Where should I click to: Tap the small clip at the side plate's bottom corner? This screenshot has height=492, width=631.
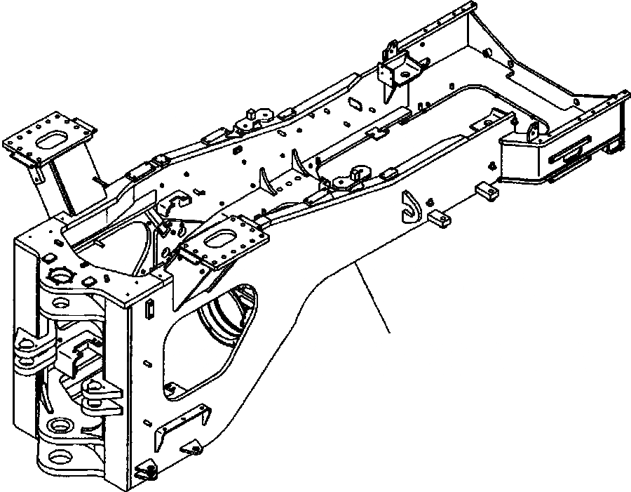coord(146,472)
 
